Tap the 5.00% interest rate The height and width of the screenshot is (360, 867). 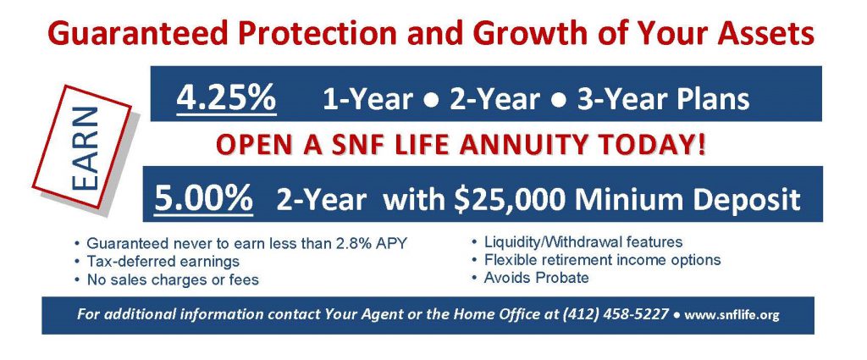203,197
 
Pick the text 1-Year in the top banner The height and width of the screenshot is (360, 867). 367,100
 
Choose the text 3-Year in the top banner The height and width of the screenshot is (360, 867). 622,100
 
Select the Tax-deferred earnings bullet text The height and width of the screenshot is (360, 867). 163,262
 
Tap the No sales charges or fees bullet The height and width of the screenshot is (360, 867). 173,280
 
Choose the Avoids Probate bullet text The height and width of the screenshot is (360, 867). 536,278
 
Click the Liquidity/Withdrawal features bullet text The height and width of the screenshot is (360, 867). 583,242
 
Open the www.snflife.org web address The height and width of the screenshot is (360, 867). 732,315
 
